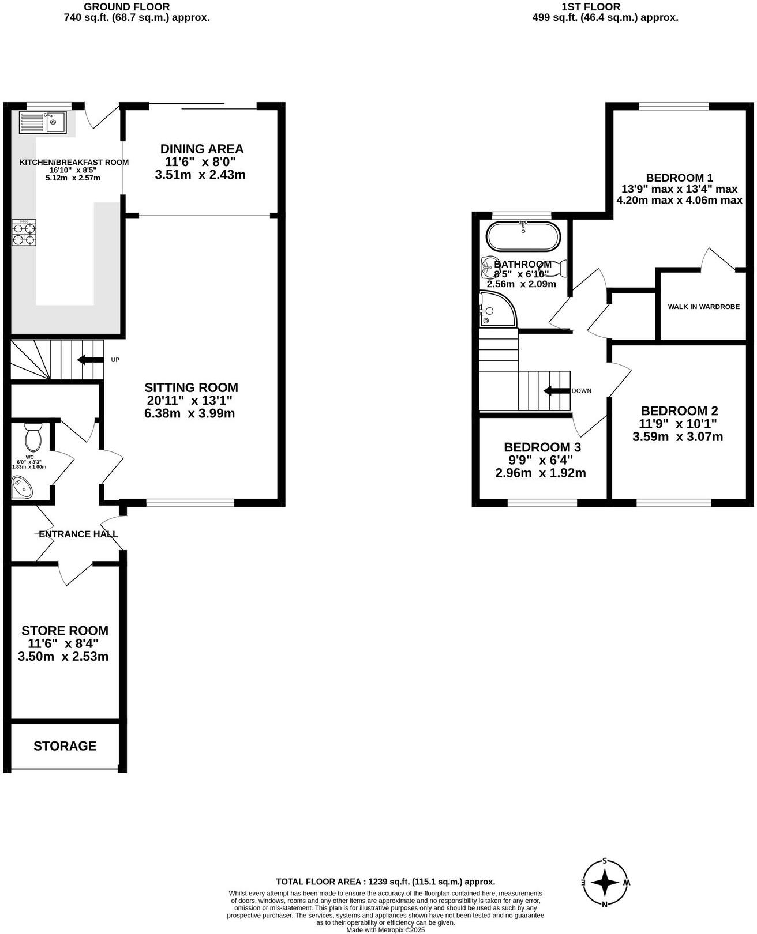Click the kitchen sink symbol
[43, 122]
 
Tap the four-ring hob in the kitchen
[24, 233]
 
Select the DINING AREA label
[201, 149]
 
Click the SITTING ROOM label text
[191, 387]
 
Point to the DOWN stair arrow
[556, 391]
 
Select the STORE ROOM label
[65, 631]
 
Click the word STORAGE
[65, 746]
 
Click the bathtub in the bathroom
[523, 236]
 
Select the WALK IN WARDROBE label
[703, 307]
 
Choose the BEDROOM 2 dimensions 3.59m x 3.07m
[677, 437]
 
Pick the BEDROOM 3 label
[542, 447]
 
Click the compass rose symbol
[605, 883]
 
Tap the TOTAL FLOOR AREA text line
[385, 882]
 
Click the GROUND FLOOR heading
[127, 7]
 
